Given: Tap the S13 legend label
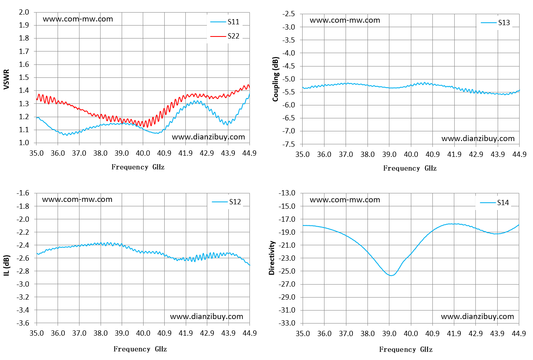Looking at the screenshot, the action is pyautogui.click(x=504, y=23).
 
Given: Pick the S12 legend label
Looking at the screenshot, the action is pyautogui.click(x=235, y=202).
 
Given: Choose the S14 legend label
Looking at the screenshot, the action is pyautogui.click(x=503, y=203).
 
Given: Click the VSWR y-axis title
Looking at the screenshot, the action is pyautogui.click(x=6, y=79).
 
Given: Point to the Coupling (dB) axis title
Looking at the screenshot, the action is pyautogui.click(x=275, y=79).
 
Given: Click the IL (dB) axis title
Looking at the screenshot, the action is pyautogui.click(x=6, y=266).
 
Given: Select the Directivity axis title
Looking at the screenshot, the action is pyautogui.click(x=272, y=258).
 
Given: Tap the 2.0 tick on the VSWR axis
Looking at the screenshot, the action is pyautogui.click(x=24, y=12).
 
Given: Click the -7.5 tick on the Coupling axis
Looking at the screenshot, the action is pyautogui.click(x=288, y=144).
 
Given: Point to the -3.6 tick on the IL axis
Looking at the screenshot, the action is pyautogui.click(x=23, y=323).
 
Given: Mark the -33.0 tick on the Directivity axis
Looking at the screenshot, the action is pyautogui.click(x=287, y=323).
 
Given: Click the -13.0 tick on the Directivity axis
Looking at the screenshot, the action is pyautogui.click(x=287, y=193).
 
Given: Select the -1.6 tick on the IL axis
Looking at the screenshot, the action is pyautogui.click(x=23, y=193).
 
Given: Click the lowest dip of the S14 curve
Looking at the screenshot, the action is pyautogui.click(x=391, y=276).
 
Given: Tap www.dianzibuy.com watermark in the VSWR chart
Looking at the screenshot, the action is pyautogui.click(x=208, y=137).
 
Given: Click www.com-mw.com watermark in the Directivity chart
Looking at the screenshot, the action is pyautogui.click(x=345, y=200).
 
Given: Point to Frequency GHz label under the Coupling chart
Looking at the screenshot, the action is pyautogui.click(x=410, y=168).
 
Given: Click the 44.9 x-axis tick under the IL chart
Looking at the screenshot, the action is pyautogui.click(x=249, y=333).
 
